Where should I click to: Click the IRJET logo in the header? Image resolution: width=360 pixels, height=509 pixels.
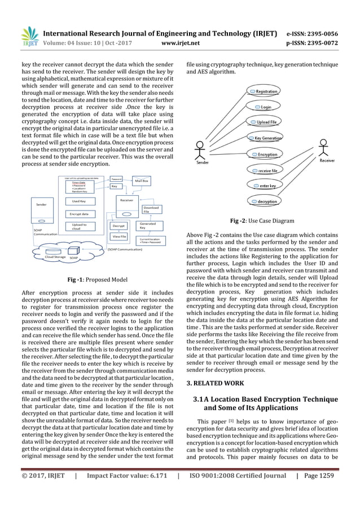click(28, 36)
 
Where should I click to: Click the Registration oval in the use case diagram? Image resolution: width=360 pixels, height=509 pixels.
click(262, 91)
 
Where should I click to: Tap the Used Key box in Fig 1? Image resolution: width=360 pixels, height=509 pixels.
click(79, 201)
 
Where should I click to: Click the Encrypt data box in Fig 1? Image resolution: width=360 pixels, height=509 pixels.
click(79, 214)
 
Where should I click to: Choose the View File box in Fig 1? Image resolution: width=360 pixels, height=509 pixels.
click(119, 236)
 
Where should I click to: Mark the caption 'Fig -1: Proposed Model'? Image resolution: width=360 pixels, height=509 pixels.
click(98, 280)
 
